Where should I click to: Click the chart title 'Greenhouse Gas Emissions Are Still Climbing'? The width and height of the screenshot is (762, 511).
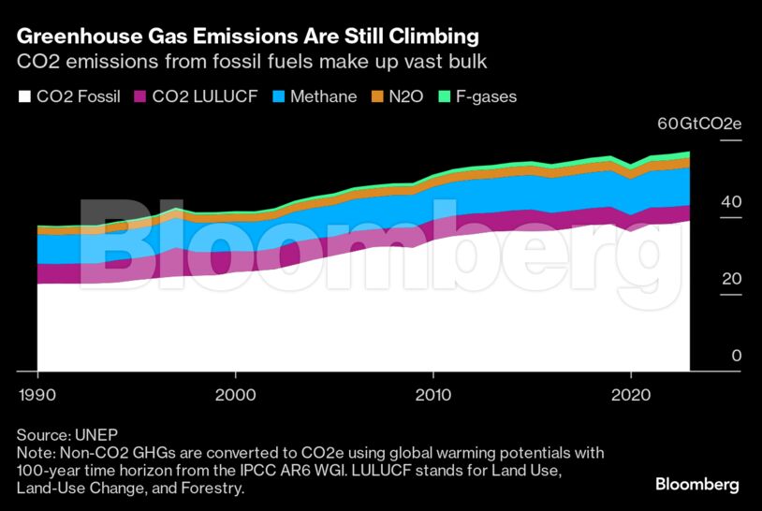pos(248,37)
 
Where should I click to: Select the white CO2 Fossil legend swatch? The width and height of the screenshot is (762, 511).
pos(24,96)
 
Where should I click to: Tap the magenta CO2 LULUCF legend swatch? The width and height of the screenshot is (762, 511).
pos(141,96)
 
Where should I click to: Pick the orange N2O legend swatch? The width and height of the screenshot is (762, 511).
pos(377,96)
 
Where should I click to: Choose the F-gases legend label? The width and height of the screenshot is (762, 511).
pos(486,96)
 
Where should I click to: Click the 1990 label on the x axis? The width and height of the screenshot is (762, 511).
pos(37,393)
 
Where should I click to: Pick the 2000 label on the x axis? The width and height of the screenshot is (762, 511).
pos(235,393)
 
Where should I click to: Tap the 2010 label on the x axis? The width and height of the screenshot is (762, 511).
pos(433,393)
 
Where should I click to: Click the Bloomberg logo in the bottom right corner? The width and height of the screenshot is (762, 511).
pos(696,485)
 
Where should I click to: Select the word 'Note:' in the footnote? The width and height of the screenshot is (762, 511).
pos(37,453)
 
